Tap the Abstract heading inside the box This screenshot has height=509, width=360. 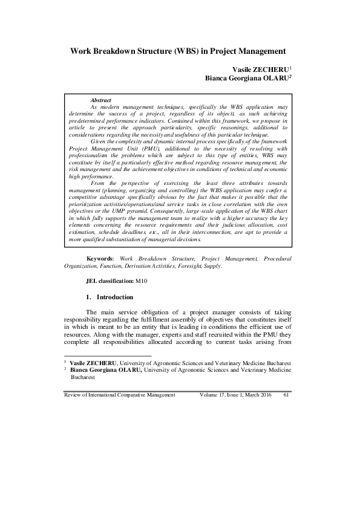click(x=100, y=100)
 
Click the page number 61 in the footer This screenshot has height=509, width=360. click(x=287, y=395)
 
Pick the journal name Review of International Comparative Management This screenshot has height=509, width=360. click(x=119, y=395)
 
